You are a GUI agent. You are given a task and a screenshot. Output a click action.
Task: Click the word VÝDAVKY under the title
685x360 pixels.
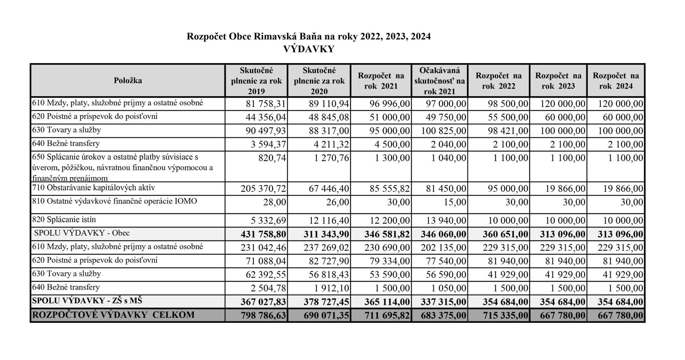point(309,49)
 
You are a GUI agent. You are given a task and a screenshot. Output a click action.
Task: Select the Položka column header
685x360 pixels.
point(128,81)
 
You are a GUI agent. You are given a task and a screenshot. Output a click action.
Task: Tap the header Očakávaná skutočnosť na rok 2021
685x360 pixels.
point(439,81)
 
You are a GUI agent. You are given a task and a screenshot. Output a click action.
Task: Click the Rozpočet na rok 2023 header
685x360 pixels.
point(558,81)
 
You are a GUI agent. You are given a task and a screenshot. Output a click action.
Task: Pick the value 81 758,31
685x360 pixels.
point(266,104)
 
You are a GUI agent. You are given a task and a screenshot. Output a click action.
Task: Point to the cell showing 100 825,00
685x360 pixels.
point(444,131)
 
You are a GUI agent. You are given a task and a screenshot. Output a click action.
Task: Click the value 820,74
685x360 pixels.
point(272,158)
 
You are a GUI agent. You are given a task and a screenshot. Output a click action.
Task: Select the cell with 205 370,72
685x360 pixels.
point(263,189)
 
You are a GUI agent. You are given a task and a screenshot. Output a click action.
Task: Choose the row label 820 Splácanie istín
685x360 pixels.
point(64,220)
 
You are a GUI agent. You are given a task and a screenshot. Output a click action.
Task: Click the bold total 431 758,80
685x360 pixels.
point(263,234)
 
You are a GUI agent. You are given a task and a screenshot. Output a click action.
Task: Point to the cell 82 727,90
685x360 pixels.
point(326,261)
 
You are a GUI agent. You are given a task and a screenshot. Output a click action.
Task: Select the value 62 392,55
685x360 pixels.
point(266,275)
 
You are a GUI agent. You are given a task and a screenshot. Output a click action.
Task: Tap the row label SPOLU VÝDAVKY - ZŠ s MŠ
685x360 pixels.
point(87,301)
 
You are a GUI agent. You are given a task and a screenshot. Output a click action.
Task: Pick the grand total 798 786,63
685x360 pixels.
point(263,316)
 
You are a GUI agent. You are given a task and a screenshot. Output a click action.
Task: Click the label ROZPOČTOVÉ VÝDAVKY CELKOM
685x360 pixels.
point(113,315)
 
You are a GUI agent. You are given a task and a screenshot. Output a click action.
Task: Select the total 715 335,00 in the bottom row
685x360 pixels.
point(505,316)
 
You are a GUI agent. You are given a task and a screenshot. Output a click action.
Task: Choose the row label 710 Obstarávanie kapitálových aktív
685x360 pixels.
point(94,188)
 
